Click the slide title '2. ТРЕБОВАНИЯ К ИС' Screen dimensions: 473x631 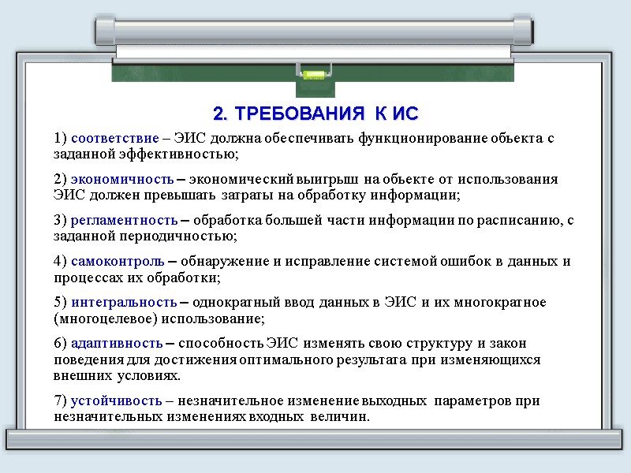(x=315, y=112)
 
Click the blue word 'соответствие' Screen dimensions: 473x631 (x=108, y=139)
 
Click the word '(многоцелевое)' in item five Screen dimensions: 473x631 (x=100, y=318)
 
